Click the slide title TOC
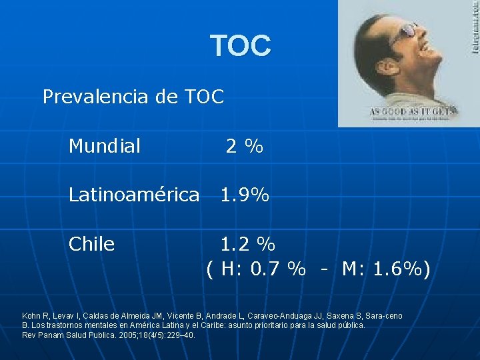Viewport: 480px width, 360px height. tap(241, 46)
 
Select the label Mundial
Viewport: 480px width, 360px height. tap(105, 145)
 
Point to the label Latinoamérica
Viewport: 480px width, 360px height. tap(134, 195)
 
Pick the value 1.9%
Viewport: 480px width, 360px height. tap(245, 195)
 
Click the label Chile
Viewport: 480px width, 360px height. tap(92, 244)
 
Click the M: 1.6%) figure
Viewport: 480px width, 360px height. tap(386, 269)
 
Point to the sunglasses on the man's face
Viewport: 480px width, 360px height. tap(403, 30)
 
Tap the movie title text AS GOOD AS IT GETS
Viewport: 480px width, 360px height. tap(411, 111)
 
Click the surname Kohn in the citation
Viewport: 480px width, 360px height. tap(32, 315)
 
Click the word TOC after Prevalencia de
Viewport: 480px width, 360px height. tap(201, 97)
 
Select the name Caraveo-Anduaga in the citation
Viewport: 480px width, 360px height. tap(289, 315)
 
